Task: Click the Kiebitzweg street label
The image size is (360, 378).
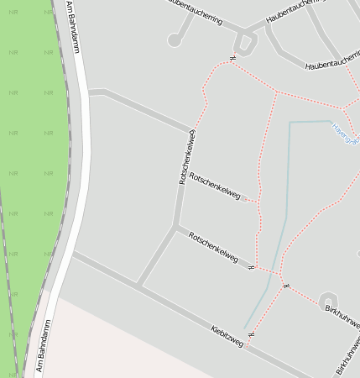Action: (x=227, y=335)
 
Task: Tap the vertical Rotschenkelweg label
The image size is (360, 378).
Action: (x=186, y=157)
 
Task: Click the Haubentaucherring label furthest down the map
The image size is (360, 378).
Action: (x=332, y=64)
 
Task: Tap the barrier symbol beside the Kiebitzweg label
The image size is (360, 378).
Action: (x=250, y=334)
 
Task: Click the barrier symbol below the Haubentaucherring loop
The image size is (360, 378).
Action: (x=230, y=59)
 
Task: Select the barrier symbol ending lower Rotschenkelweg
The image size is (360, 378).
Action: (x=251, y=267)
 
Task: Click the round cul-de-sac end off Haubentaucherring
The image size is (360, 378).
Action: (x=175, y=39)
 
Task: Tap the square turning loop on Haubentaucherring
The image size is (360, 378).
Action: (x=244, y=43)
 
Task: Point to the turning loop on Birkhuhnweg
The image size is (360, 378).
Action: (x=328, y=300)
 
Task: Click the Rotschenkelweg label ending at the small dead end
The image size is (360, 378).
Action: (x=215, y=187)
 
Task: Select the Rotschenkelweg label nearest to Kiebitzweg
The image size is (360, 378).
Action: (x=213, y=246)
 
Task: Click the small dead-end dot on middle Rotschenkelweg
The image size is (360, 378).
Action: (x=244, y=199)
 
